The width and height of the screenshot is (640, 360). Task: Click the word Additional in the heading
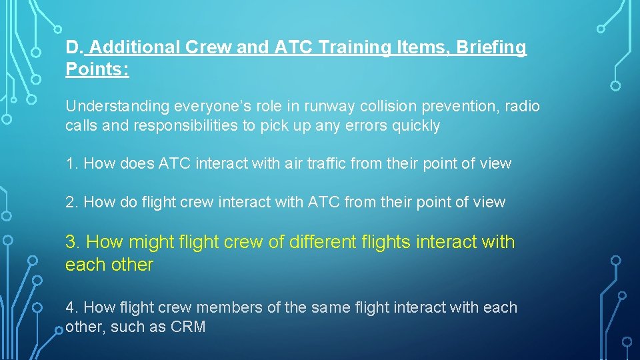pos(133,48)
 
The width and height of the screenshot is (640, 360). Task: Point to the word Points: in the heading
pos(97,69)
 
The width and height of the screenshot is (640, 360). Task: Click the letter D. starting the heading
pos(75,48)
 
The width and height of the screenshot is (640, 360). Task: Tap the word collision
pos(355,107)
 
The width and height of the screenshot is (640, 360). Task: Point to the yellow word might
pos(152,242)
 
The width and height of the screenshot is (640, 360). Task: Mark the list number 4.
pos(71,307)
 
